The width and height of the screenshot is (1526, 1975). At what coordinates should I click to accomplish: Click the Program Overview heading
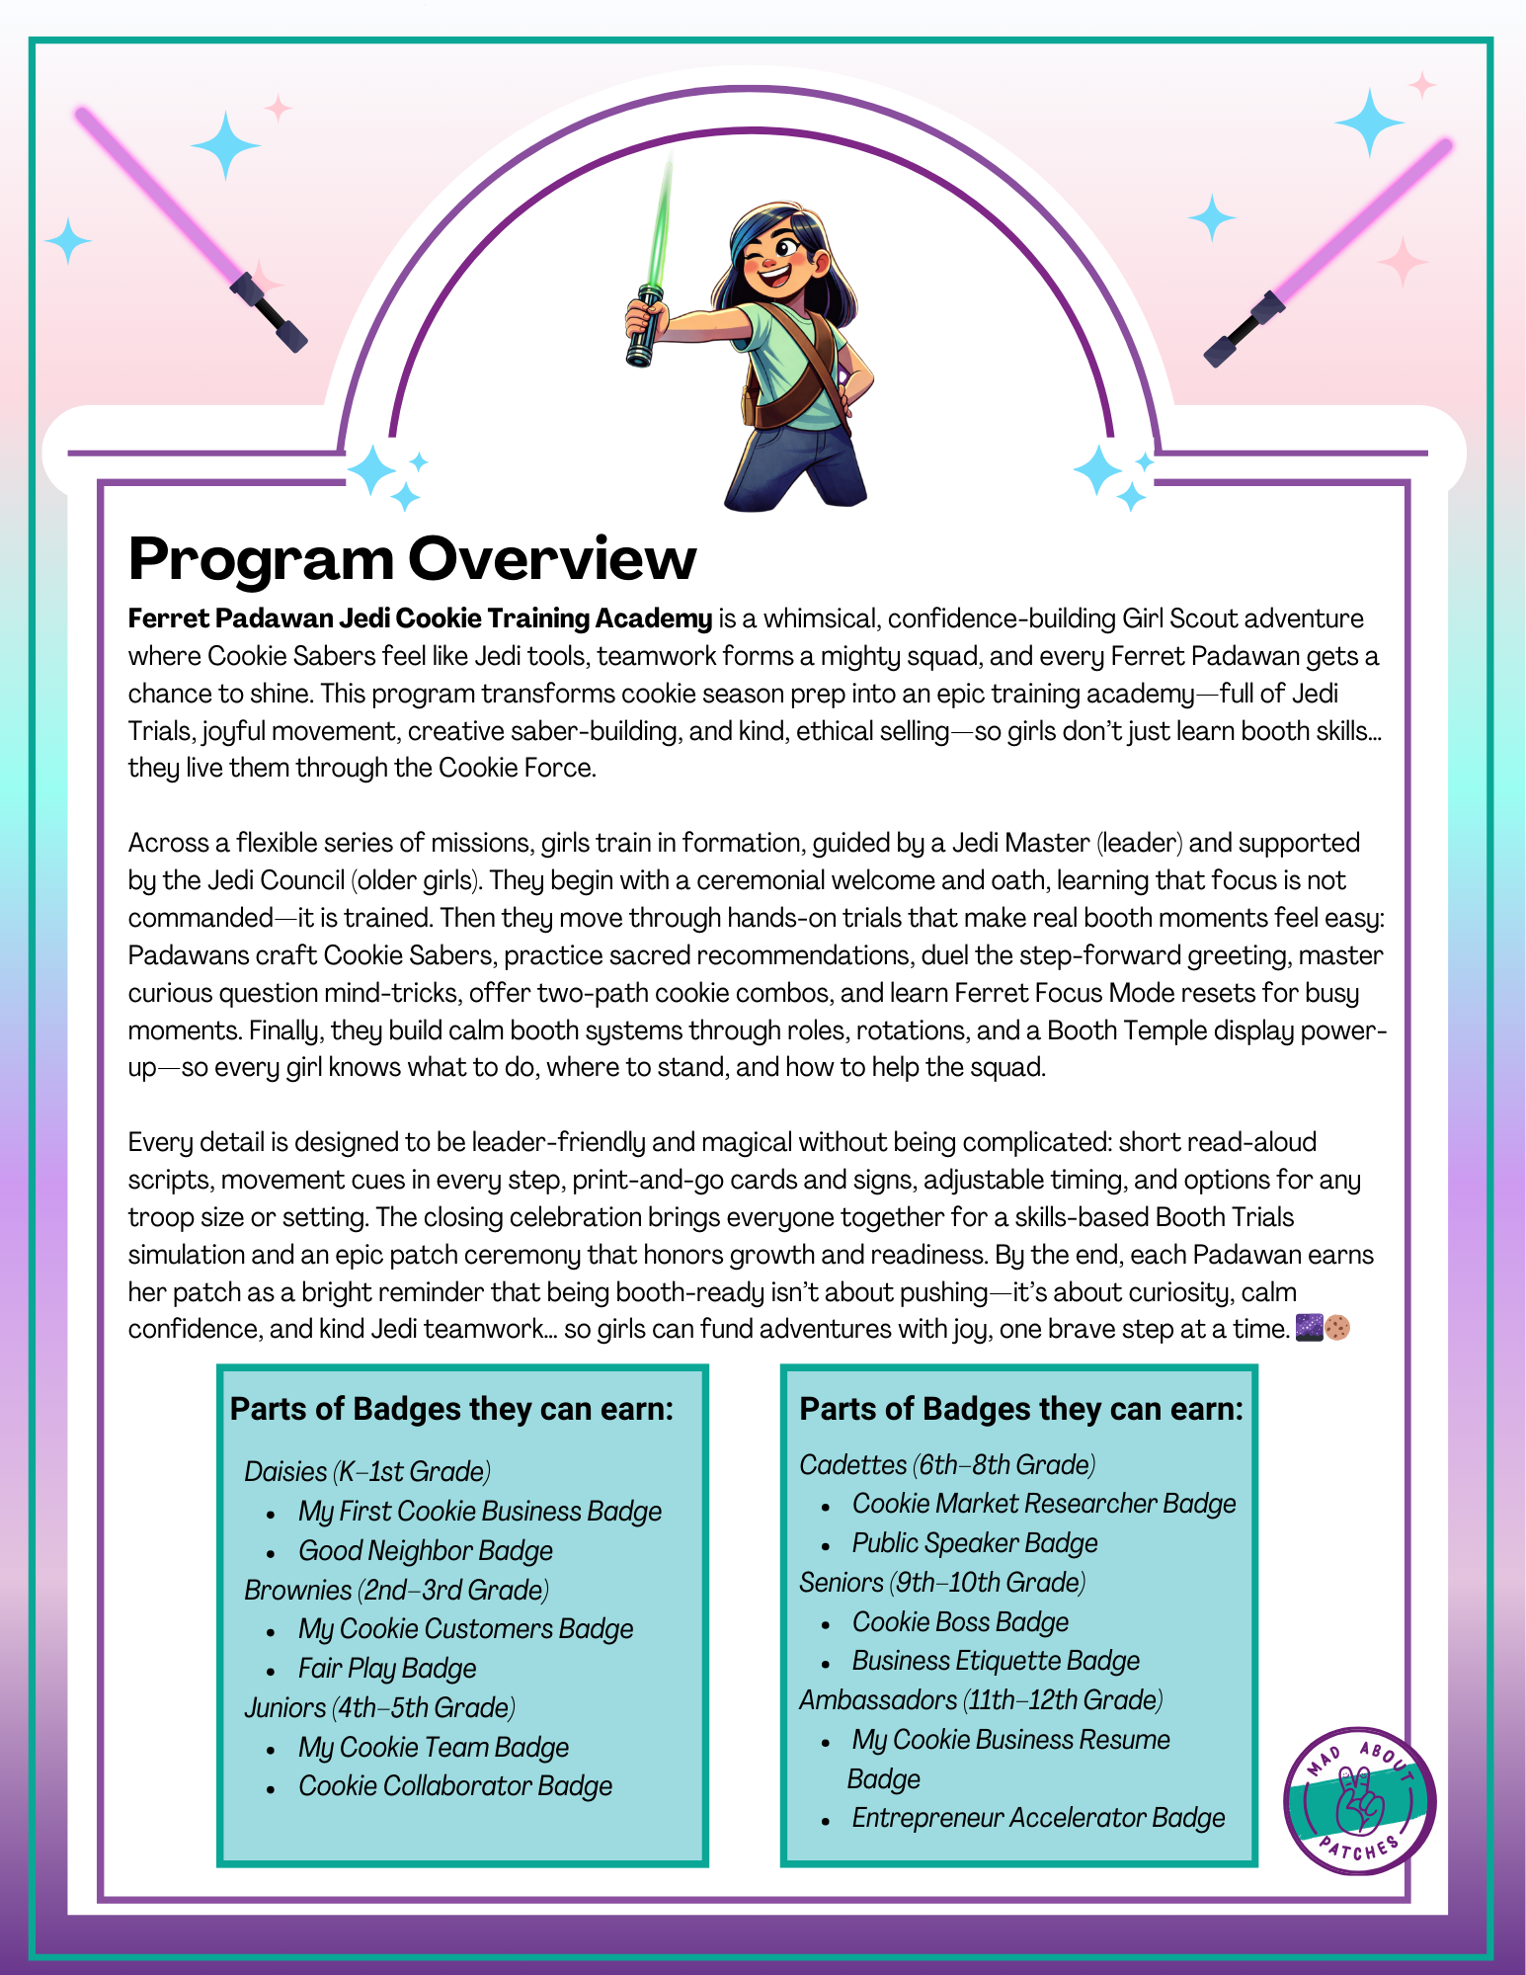[412, 558]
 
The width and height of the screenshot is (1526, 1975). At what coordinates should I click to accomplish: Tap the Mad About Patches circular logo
[1360, 1800]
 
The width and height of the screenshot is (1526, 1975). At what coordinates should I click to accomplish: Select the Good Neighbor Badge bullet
[425, 1550]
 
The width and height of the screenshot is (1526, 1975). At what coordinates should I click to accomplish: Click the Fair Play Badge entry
[387, 1668]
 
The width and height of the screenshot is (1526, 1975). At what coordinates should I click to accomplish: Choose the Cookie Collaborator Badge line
[454, 1785]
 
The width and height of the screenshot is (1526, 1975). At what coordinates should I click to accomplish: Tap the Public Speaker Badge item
[974, 1542]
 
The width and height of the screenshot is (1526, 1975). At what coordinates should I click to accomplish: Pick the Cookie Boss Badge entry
[960, 1621]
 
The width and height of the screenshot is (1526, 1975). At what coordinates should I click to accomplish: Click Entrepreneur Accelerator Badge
[1038, 1817]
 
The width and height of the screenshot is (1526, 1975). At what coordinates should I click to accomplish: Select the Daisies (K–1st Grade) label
[367, 1471]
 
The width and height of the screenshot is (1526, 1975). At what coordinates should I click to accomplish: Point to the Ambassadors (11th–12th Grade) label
[981, 1699]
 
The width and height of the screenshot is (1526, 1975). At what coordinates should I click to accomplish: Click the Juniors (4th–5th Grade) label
[380, 1707]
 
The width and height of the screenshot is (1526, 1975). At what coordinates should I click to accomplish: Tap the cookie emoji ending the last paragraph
[1337, 1328]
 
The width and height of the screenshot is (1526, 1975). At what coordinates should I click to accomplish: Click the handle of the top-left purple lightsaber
[269, 314]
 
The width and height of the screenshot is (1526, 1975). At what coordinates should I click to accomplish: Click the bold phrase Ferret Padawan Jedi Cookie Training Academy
[420, 618]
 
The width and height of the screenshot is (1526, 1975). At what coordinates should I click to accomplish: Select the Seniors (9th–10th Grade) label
[942, 1582]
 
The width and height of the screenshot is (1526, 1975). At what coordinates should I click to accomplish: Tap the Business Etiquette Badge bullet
[996, 1660]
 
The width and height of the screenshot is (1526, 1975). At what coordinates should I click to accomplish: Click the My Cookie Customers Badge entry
[465, 1628]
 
